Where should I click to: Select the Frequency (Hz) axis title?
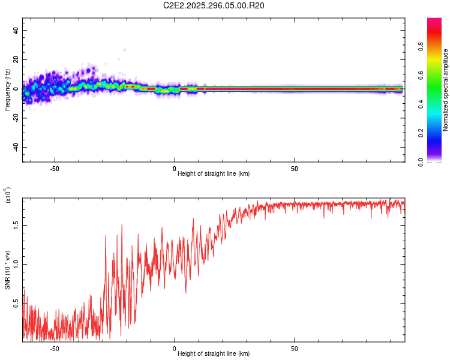click(x=7, y=89)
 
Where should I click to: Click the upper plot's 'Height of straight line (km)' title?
click(x=214, y=174)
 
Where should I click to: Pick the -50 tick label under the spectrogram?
click(x=55, y=169)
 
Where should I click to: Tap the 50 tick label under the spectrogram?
click(x=295, y=169)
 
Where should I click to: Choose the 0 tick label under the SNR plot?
click(x=175, y=348)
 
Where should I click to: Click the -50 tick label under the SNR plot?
click(x=55, y=348)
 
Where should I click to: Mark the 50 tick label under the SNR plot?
click(x=295, y=348)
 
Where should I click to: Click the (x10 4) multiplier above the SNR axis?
click(x=8, y=196)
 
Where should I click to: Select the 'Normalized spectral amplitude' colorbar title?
click(x=445, y=90)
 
